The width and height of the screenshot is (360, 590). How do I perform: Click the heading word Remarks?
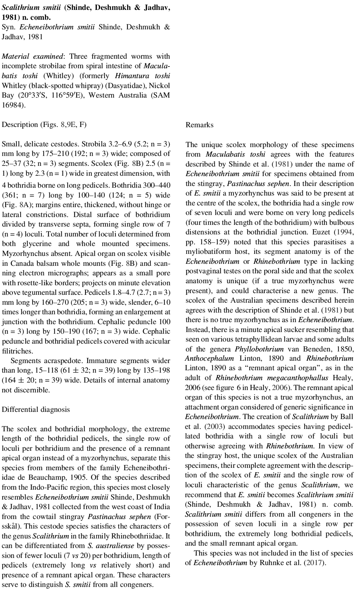point(199,125)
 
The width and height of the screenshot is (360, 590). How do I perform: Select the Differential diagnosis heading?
point(36,410)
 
